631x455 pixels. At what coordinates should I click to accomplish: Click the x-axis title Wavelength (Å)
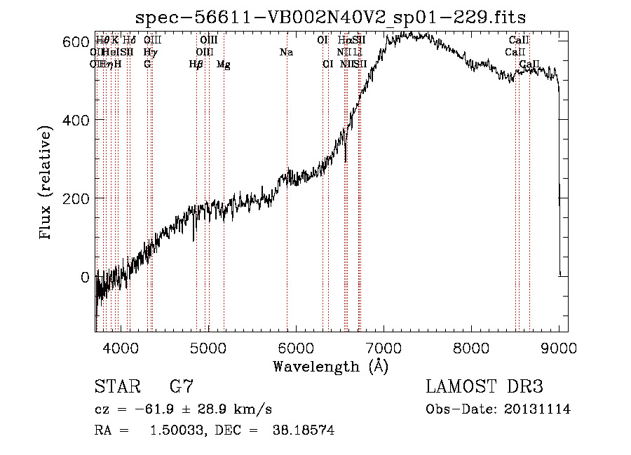point(330,366)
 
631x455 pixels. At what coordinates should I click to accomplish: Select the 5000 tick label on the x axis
point(208,347)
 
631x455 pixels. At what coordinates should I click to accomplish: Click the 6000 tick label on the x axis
point(296,347)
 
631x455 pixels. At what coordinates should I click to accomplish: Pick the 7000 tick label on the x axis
point(384,347)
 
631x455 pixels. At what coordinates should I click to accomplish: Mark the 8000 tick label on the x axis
point(471,347)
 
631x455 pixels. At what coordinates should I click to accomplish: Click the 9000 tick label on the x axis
point(559,347)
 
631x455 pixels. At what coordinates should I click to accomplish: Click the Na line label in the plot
point(286,53)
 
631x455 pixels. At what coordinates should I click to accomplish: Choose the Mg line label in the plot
point(224,64)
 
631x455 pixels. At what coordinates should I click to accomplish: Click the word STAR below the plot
point(117,387)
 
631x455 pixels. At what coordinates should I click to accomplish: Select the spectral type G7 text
point(182,387)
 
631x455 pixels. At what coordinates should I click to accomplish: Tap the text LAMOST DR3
point(484,387)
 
